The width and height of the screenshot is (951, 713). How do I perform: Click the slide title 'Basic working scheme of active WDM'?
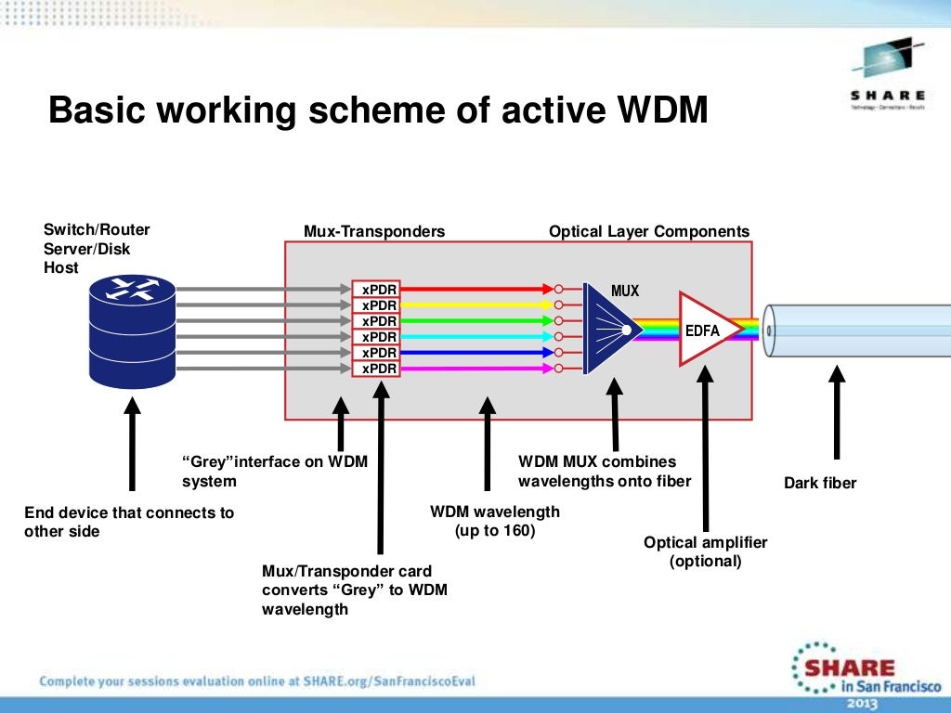point(378,110)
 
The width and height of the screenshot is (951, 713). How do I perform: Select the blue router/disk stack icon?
point(132,331)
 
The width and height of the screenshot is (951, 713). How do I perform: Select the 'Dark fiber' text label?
point(820,483)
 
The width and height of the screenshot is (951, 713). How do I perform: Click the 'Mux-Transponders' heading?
point(374,231)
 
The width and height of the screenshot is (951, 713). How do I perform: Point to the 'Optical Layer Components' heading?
point(649,231)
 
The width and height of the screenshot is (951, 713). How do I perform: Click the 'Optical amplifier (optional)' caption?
point(706,551)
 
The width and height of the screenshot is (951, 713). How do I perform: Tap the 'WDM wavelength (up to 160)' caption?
point(495,521)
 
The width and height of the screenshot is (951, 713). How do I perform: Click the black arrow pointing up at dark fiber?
point(837,412)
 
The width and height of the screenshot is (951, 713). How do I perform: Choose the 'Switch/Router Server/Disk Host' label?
point(97,248)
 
